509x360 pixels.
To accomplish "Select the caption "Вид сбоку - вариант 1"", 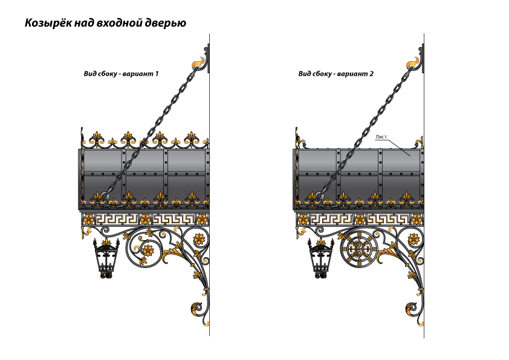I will click(x=121, y=74).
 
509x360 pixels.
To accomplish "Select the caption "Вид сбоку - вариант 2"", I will click(x=336, y=74).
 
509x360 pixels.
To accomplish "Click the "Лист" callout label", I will click(x=381, y=137).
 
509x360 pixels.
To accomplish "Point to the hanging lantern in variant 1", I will click(x=107, y=258).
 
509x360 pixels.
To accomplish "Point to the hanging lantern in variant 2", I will click(x=321, y=258).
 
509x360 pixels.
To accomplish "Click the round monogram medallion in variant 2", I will click(x=358, y=249).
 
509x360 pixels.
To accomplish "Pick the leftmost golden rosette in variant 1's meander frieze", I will click(x=89, y=219).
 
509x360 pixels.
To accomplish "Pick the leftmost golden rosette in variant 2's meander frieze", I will click(x=303, y=219).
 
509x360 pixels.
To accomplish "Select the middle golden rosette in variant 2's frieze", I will click(x=360, y=219).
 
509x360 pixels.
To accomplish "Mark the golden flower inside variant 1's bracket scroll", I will click(x=147, y=250).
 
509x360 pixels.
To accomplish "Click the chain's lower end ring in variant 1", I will click(x=104, y=195).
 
